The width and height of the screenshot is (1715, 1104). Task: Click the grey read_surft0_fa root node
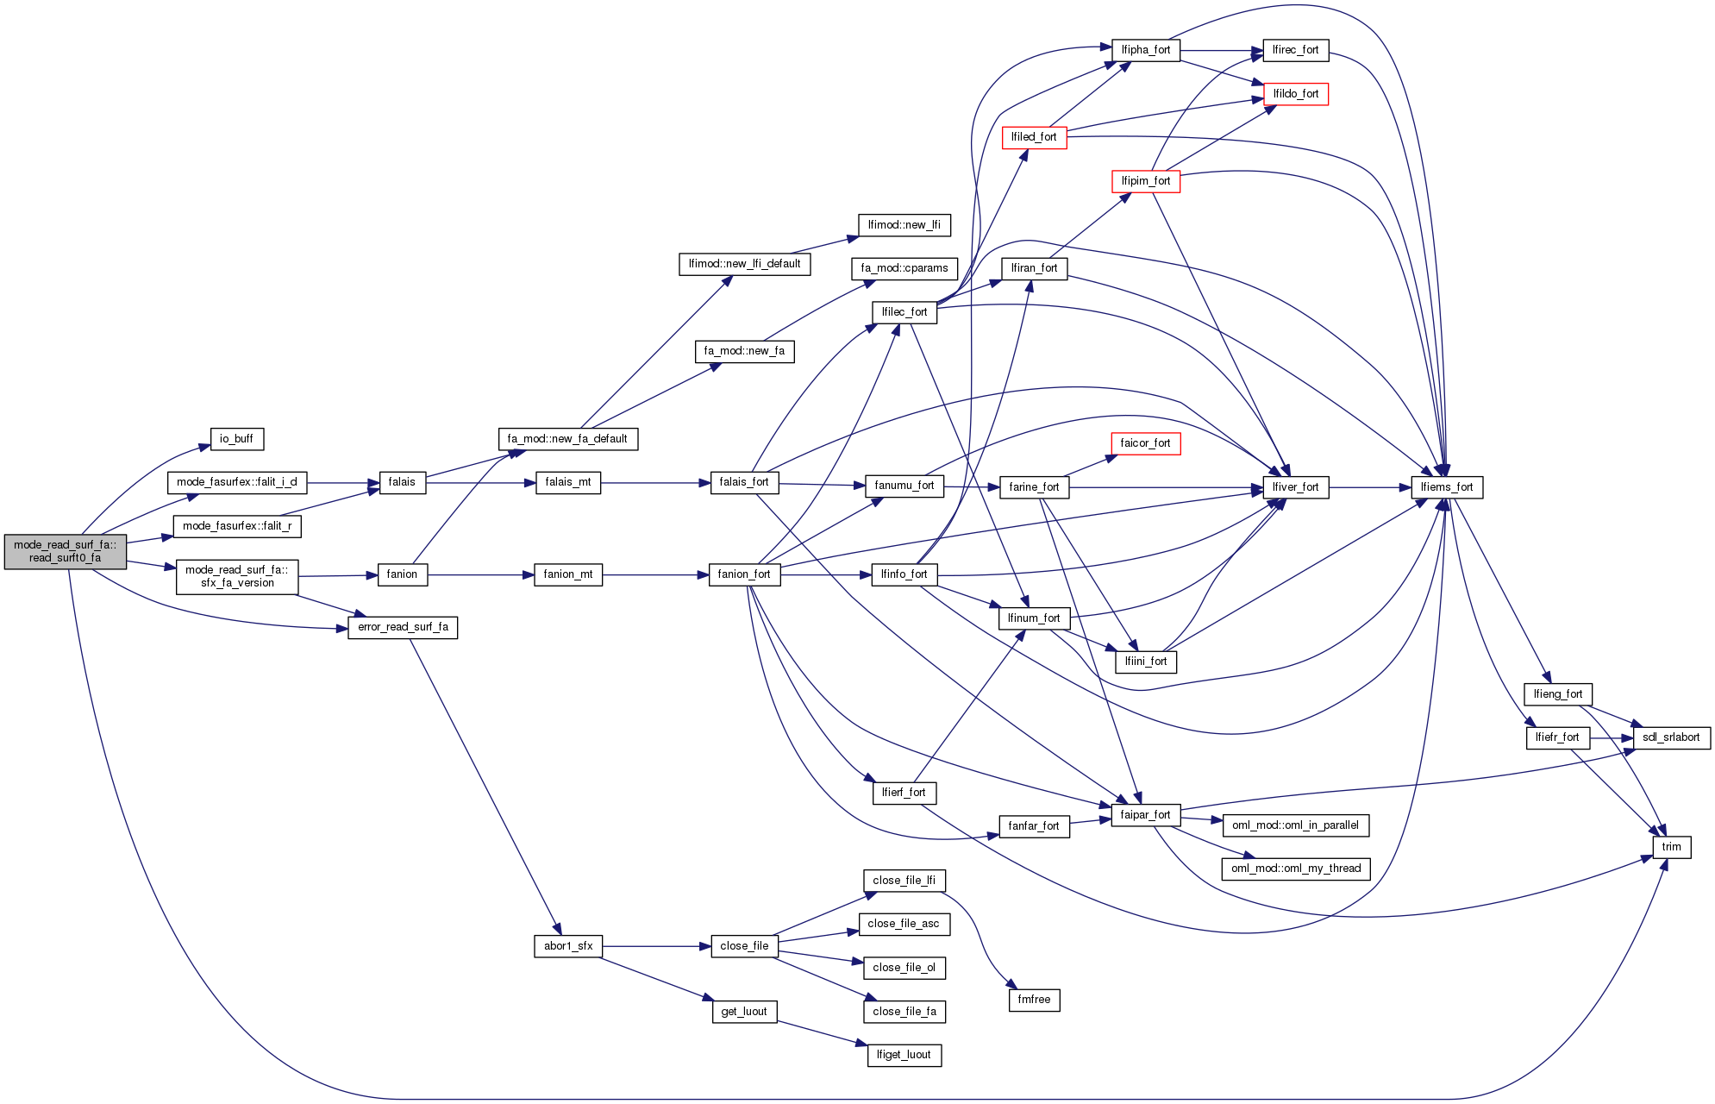(65, 551)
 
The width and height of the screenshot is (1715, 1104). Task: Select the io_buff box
(236, 439)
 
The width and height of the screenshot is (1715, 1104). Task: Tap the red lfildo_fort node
(1295, 94)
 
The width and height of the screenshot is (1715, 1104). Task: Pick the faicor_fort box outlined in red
(1145, 443)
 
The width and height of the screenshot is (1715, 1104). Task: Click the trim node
(1671, 847)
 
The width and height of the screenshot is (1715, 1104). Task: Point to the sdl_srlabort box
(1671, 737)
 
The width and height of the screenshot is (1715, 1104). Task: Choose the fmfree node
(1034, 1000)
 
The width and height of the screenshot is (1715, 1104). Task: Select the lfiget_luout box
(904, 1055)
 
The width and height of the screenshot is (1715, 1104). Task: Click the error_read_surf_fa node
(403, 627)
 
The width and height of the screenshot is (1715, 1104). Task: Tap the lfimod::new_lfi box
(904, 225)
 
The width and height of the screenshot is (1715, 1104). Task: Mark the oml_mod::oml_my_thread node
(1295, 869)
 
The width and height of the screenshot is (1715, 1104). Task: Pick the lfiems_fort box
(1447, 487)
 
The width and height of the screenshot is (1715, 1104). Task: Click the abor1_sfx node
(568, 946)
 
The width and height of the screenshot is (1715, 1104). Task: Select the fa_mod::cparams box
(904, 268)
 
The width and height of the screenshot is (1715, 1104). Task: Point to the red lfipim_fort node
(1145, 181)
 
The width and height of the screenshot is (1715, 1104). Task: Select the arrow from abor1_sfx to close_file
(656, 946)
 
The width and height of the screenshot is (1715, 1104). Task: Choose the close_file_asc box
(904, 924)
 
